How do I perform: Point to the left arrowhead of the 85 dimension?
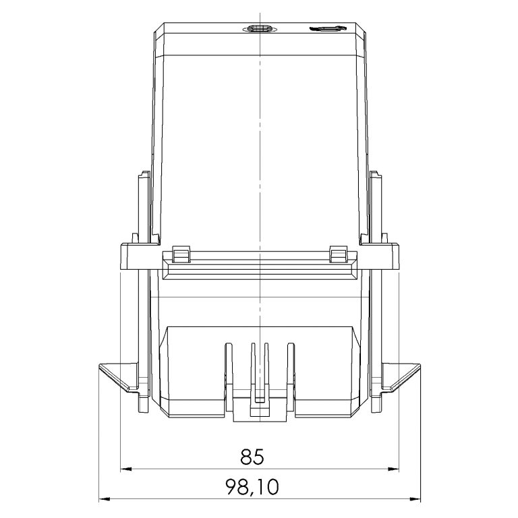[x=124, y=467]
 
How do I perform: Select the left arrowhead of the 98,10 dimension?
[x=104, y=500]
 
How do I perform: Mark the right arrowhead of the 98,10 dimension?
[x=416, y=500]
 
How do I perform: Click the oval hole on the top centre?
[x=259, y=29]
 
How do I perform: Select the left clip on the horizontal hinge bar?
[x=181, y=254]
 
